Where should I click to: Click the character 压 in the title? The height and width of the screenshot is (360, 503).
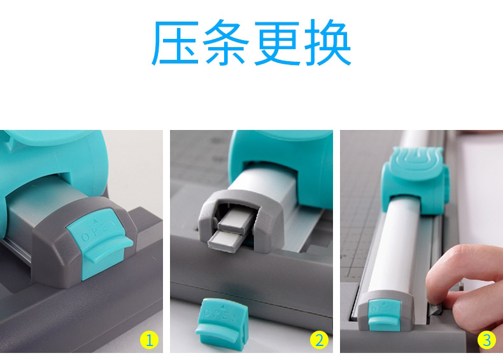click(x=175, y=43)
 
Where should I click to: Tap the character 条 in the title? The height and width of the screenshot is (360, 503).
click(x=226, y=42)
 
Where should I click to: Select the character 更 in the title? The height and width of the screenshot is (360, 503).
click(x=277, y=43)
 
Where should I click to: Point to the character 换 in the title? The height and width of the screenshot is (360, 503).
click(x=328, y=43)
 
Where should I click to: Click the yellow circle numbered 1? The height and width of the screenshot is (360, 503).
click(x=149, y=340)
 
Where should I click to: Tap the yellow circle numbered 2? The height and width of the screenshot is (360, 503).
click(x=319, y=340)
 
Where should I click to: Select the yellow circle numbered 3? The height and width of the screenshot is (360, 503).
click(x=486, y=340)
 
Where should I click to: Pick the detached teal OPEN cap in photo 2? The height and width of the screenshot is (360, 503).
click(x=222, y=324)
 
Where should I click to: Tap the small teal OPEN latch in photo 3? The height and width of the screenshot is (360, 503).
click(x=385, y=314)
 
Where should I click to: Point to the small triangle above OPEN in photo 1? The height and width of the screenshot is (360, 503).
click(x=96, y=220)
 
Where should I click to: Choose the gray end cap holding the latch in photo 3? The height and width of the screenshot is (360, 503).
click(x=386, y=312)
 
